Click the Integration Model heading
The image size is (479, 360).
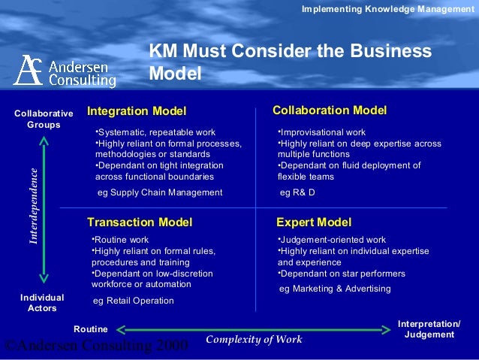pos(136,112)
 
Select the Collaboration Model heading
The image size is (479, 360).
pos(330,111)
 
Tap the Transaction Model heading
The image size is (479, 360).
pos(140,222)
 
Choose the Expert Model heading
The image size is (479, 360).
pos(313,222)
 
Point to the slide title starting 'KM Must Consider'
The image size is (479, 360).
pos(290,62)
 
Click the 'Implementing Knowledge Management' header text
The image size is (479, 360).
pos(387,8)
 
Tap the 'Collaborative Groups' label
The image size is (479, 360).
pos(44,119)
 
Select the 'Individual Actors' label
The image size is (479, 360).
pos(42,303)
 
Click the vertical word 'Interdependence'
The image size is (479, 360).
pos(33,205)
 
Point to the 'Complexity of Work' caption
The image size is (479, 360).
pos(254,340)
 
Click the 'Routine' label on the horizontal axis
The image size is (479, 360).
pos(90,329)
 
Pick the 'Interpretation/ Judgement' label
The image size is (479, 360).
pos(429,329)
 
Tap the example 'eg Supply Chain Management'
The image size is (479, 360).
pos(160,192)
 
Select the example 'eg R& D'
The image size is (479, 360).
pos(297,192)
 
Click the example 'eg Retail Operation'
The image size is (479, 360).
pos(133,301)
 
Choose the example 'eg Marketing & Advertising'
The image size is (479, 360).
pos(334,289)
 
